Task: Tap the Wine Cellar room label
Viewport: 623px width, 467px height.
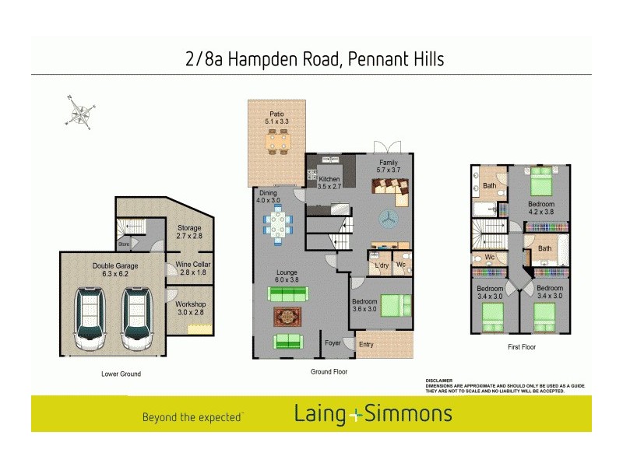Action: coord(191,269)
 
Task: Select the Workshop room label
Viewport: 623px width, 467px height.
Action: coord(191,308)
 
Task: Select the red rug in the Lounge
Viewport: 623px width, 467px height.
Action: coord(286,317)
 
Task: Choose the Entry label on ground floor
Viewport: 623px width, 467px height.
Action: coord(366,343)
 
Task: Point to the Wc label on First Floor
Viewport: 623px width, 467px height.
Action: coord(490,257)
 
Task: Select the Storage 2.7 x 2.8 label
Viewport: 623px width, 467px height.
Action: coord(189,232)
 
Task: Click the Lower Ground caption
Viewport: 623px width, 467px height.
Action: coord(121,374)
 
